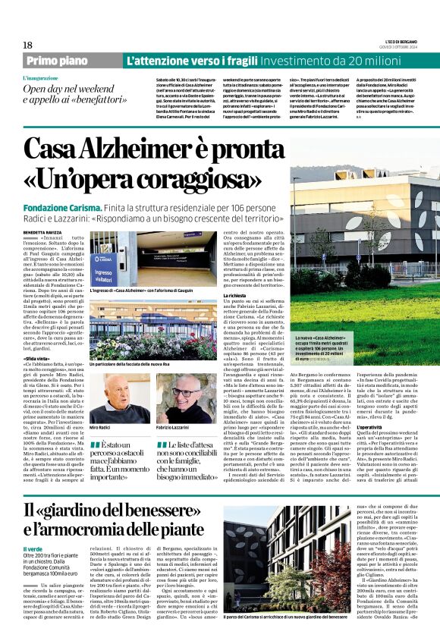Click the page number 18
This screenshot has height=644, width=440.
27,45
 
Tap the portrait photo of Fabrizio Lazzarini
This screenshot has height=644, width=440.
181,397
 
